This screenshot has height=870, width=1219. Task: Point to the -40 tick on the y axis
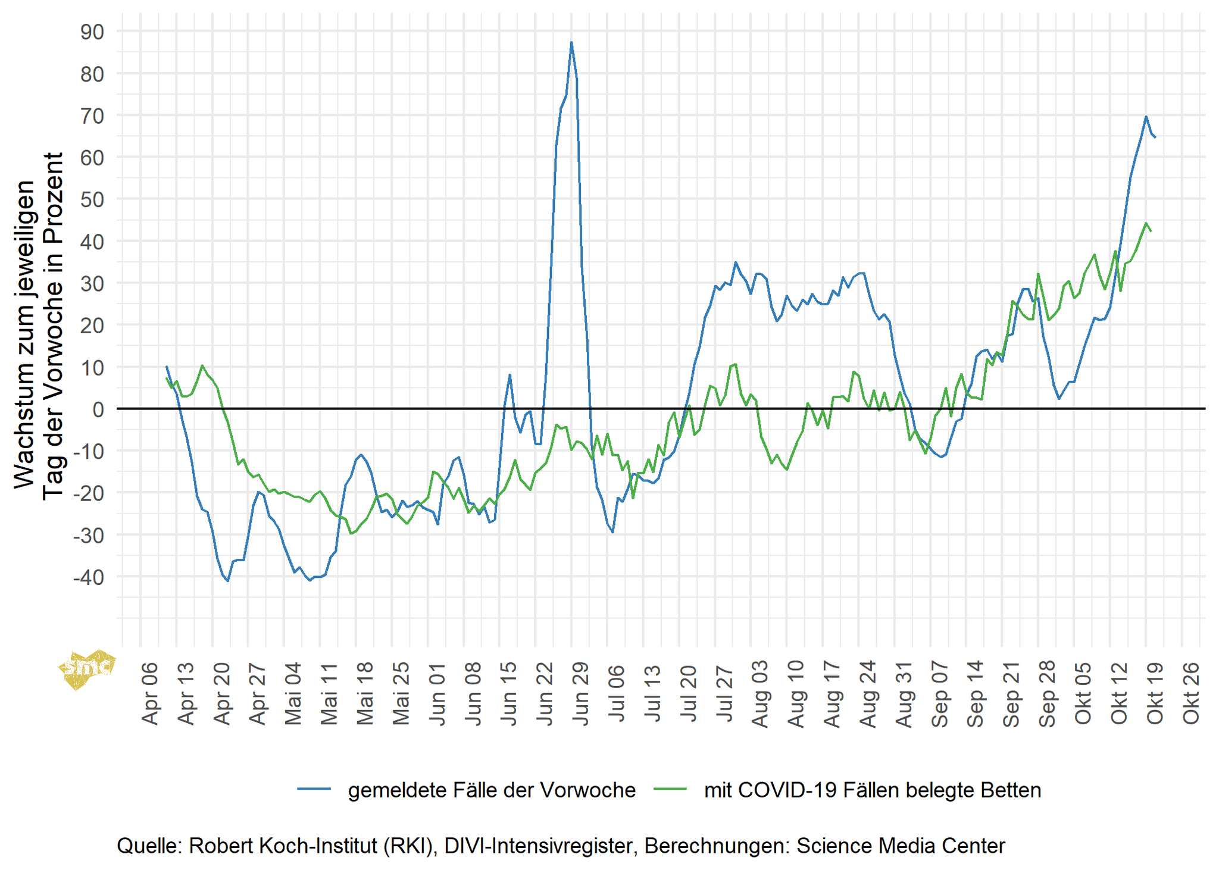click(x=88, y=577)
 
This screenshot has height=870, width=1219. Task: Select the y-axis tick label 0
click(x=98, y=409)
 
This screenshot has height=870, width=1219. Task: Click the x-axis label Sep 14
click(x=975, y=693)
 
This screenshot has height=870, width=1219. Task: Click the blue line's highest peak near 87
click(x=571, y=43)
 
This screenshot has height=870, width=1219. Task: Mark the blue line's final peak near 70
click(x=1146, y=117)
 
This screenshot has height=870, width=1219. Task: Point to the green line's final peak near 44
click(x=1146, y=224)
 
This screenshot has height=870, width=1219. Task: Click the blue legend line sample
click(x=314, y=789)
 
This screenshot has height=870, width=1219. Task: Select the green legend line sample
click(x=670, y=789)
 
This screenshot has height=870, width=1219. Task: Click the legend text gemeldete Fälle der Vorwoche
click(x=492, y=790)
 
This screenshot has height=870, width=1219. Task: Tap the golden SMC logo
click(x=86, y=669)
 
